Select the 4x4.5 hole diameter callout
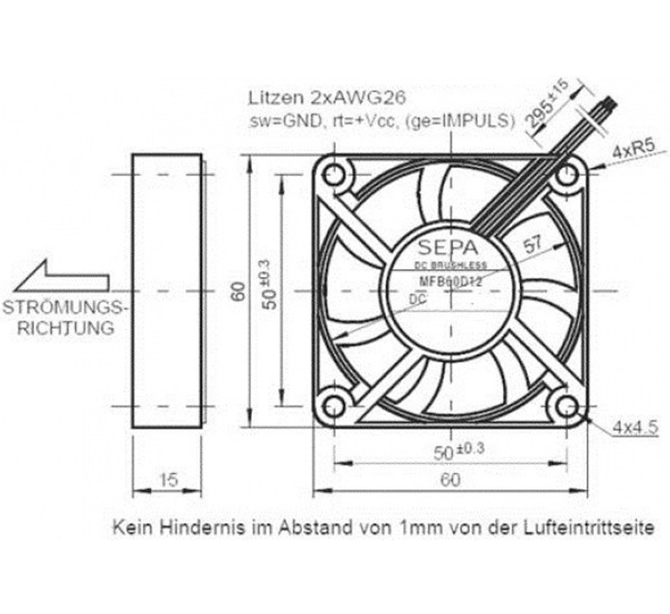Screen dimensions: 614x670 click(x=635, y=427)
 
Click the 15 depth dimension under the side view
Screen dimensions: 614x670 click(x=169, y=480)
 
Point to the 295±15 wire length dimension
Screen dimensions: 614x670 click(x=548, y=103)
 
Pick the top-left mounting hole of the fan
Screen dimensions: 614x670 click(x=334, y=176)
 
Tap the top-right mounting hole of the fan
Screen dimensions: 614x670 click(x=567, y=176)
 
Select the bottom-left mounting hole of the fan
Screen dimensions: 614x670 click(x=334, y=407)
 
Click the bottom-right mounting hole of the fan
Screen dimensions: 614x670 click(x=567, y=407)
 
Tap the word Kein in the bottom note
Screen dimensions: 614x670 click(x=129, y=527)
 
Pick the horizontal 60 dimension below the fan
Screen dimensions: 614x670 click(x=450, y=480)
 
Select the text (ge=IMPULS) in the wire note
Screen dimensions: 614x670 click(x=468, y=120)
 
